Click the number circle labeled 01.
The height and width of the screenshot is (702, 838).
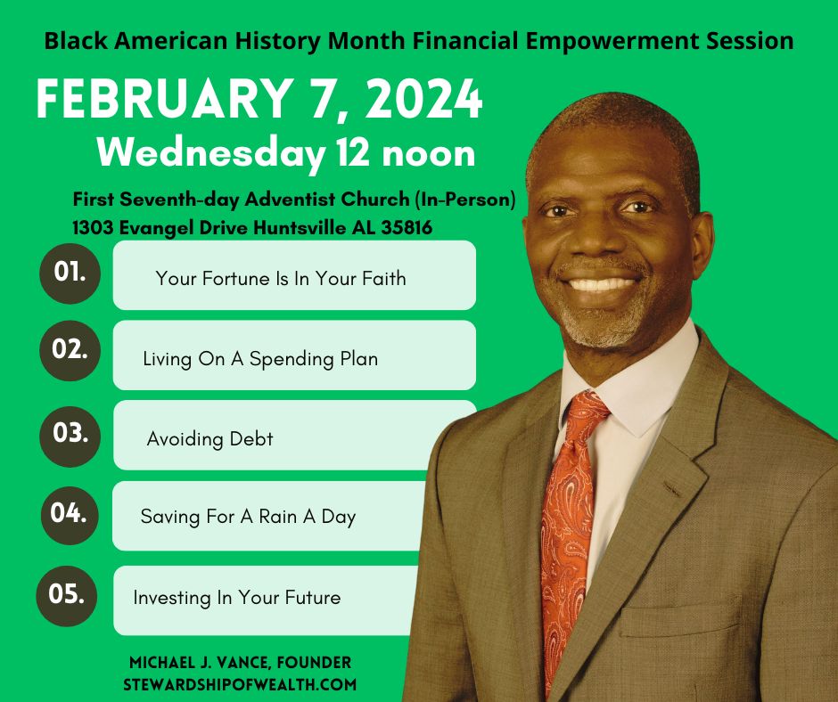click(x=70, y=273)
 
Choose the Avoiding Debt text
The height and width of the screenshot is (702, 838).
click(x=209, y=439)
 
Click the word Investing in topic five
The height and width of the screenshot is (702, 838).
click(x=172, y=598)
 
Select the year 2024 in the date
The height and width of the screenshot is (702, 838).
click(x=423, y=100)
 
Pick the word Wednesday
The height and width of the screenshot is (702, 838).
click(x=211, y=154)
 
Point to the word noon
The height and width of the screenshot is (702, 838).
click(x=429, y=154)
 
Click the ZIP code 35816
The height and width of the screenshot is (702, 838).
click(x=407, y=228)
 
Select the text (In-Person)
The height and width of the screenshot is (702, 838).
click(x=465, y=200)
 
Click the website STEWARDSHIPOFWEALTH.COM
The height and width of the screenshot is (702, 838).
click(x=240, y=684)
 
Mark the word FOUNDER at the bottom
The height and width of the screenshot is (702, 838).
click(x=314, y=663)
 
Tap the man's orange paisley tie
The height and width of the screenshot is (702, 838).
click(x=568, y=529)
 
